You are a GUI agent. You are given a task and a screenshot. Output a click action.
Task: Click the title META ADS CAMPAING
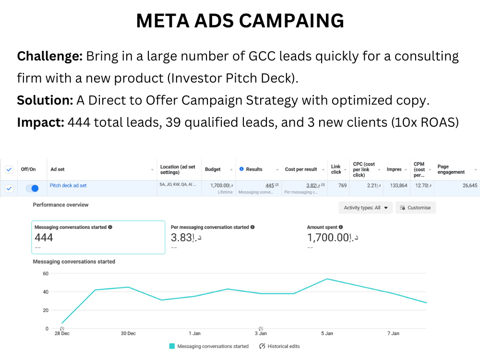[x=240, y=21]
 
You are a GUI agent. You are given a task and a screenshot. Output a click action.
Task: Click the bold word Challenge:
[x=50, y=57]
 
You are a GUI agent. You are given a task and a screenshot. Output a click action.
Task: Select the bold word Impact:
[x=40, y=122]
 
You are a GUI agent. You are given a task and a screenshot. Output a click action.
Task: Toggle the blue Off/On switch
[x=32, y=188]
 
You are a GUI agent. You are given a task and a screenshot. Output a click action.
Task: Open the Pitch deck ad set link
[x=68, y=185]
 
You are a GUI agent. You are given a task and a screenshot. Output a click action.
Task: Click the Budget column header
[x=213, y=169]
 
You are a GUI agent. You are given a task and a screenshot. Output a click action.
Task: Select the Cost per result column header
[x=301, y=169]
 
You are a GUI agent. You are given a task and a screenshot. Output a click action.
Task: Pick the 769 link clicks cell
[x=342, y=185]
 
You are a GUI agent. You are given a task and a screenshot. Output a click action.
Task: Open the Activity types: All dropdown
[x=365, y=208]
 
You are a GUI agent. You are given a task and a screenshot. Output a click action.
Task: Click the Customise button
[x=416, y=208]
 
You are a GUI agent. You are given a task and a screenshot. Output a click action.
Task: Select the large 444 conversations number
[x=44, y=237]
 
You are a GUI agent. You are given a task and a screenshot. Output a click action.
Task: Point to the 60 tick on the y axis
[x=46, y=273]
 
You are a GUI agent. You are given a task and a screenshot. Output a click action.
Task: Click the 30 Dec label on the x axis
[x=128, y=333]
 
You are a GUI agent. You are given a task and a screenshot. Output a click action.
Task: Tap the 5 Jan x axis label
[x=327, y=333]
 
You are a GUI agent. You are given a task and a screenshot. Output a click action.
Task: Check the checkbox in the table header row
[x=9, y=169]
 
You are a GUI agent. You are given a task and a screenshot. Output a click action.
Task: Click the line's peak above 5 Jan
[x=327, y=279]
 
